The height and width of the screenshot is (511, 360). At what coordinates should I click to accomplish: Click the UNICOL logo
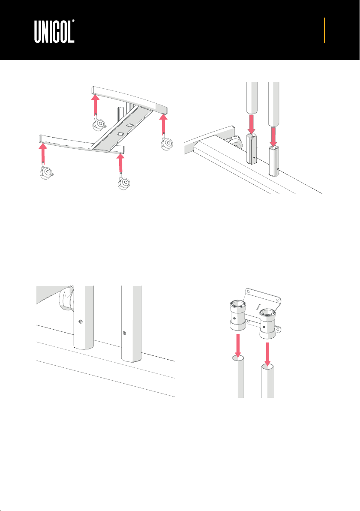[x=54, y=31]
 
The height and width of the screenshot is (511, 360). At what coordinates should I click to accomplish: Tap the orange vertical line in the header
[x=324, y=30]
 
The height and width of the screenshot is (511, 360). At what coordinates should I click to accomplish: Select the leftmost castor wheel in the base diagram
[x=47, y=173]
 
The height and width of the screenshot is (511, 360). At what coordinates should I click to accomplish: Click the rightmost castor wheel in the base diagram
[x=167, y=144]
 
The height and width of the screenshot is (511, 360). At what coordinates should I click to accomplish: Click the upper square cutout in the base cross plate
[x=129, y=125]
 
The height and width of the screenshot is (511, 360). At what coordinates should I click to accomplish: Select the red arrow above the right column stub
[x=274, y=137]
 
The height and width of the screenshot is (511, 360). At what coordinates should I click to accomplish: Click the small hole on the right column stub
[x=278, y=169]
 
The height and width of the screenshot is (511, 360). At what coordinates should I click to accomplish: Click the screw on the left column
[x=81, y=322]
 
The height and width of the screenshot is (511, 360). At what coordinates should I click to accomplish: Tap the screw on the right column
[x=124, y=333]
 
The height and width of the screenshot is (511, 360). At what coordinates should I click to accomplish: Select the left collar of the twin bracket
[x=238, y=316]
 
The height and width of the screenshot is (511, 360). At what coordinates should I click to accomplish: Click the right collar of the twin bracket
[x=268, y=324]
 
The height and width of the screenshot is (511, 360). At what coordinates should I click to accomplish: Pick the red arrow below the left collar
[x=238, y=345]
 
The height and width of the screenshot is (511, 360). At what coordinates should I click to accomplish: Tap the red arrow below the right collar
[x=268, y=354]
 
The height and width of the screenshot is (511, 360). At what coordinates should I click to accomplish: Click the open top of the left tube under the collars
[x=238, y=359]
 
